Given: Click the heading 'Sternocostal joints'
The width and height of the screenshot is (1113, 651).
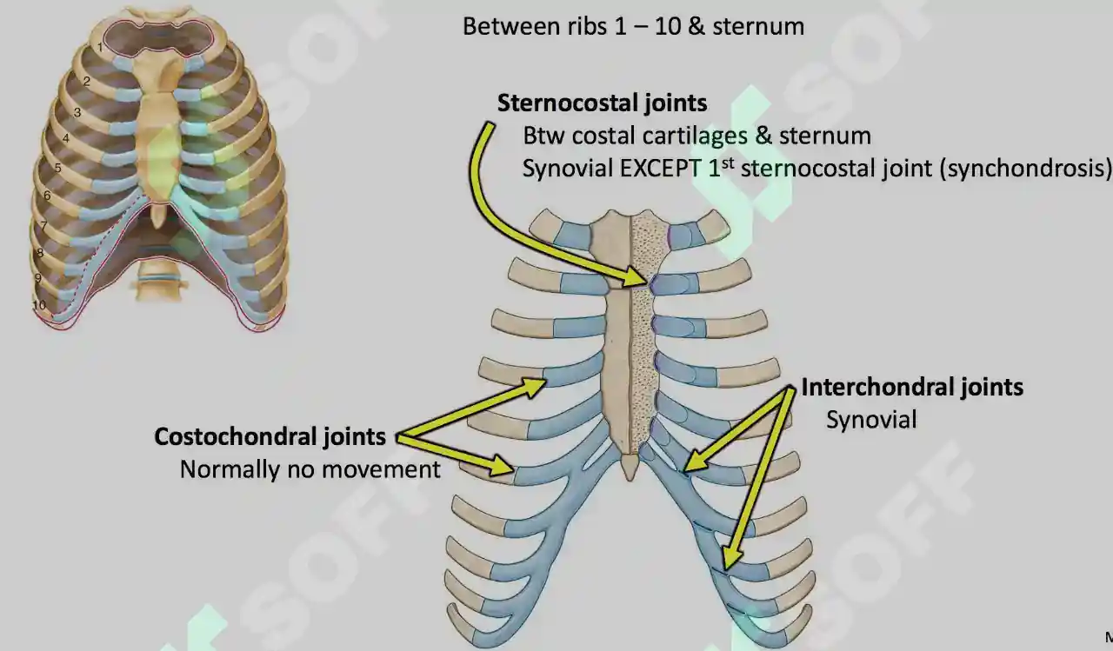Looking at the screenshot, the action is tap(603, 103).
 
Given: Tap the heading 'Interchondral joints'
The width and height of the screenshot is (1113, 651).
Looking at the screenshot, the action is tap(912, 388).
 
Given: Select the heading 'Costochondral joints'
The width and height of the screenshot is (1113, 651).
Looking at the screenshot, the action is tap(270, 437).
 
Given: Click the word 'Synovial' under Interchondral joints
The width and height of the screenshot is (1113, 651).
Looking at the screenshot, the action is tap(871, 420).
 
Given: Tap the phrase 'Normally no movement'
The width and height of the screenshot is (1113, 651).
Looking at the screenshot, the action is tap(310, 469).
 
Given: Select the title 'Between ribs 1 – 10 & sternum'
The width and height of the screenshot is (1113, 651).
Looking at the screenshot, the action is tap(634, 26).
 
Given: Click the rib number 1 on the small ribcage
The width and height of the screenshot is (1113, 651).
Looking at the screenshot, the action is tap(100, 48).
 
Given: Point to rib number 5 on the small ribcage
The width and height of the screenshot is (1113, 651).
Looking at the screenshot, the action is tap(57, 168).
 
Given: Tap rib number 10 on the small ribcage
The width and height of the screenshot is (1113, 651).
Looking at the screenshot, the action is tap(39, 304).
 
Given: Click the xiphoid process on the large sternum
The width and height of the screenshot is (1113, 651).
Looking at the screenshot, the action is tap(630, 468).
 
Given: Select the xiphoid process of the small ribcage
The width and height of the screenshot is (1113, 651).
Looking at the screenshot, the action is tap(158, 215).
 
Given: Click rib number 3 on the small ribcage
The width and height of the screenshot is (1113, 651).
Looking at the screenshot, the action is tap(77, 113).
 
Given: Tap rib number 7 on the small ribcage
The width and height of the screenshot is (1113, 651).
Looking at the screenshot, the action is tap(43, 226).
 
